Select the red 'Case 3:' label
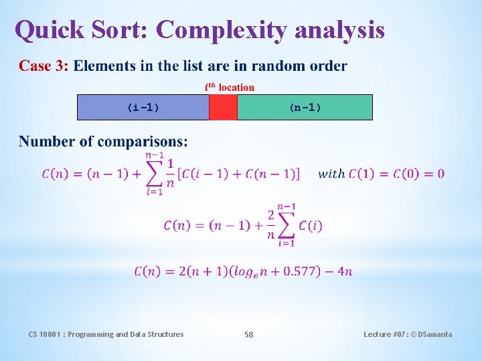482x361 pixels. pos(44,66)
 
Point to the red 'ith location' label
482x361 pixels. pos(229,87)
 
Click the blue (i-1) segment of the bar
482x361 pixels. pos(143,107)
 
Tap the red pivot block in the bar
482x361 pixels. pos(223,107)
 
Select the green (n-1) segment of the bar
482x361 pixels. pos(305,107)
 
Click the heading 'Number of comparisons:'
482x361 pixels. pos(103,141)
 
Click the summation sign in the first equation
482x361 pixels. pos(154,173)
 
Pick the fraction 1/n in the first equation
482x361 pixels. pos(171,174)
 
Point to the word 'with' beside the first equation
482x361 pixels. pos(331,174)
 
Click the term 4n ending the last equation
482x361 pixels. pos(345,271)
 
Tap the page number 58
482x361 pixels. pos(248,334)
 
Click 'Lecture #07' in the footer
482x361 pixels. pos(386,334)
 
